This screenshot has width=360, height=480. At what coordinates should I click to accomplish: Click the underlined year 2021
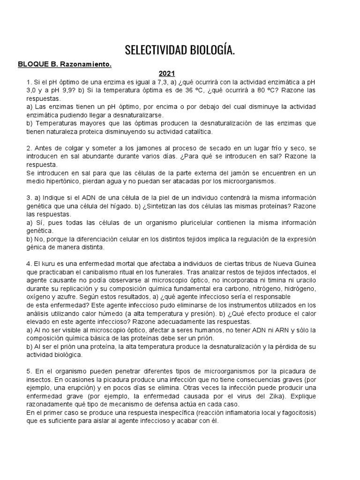[x=166, y=74]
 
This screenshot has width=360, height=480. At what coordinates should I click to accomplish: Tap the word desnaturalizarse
[x=136, y=115]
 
